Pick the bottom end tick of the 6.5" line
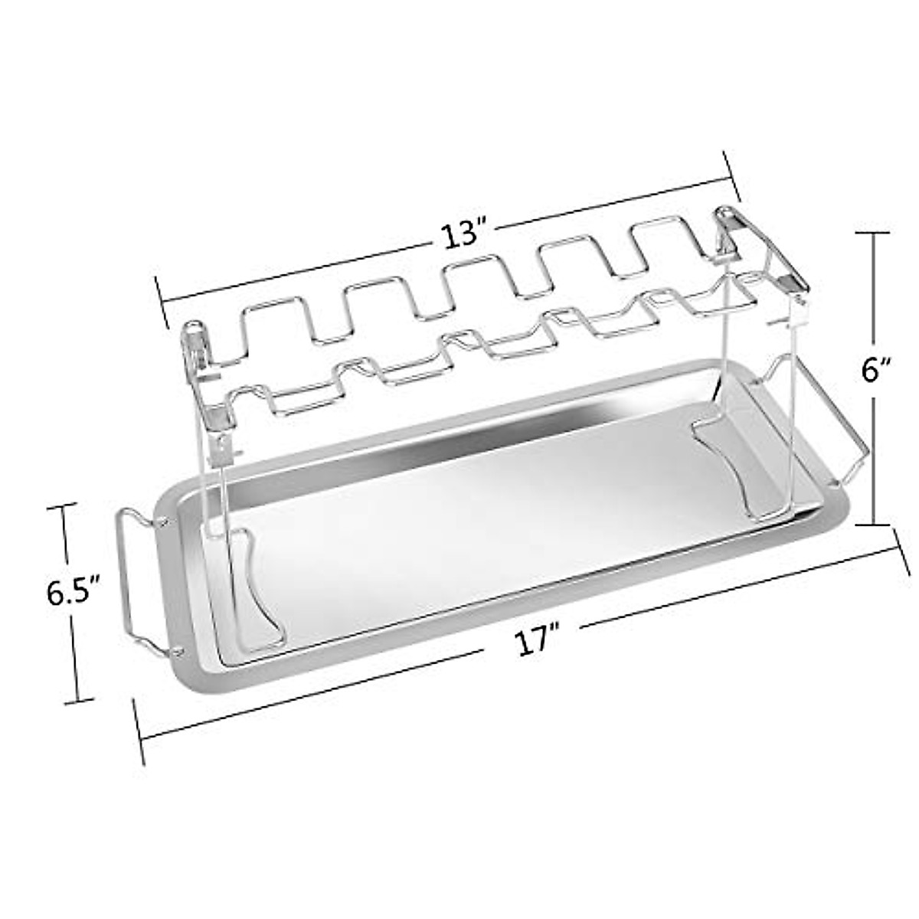tap(77, 699)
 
